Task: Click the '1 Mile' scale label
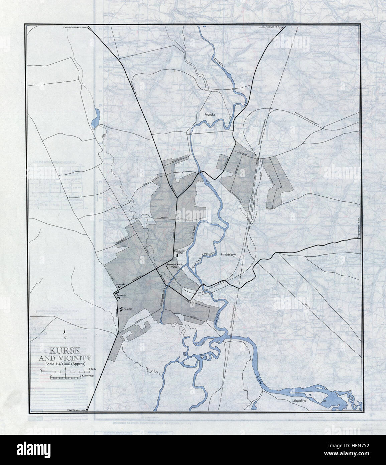(94, 369)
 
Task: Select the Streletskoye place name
(231, 254)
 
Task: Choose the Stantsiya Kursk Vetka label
(175, 266)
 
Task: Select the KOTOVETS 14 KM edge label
(359, 228)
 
